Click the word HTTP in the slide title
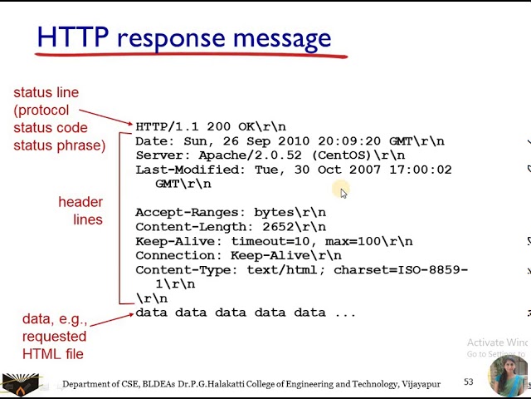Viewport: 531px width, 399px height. click(74, 37)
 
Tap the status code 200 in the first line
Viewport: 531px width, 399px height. click(218, 127)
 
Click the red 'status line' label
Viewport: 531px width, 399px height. click(41, 91)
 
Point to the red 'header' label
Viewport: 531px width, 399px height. click(80, 202)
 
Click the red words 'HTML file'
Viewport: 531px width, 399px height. click(54, 354)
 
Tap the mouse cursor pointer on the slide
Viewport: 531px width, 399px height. click(343, 193)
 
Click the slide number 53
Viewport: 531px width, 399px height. click(469, 382)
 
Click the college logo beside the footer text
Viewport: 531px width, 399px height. click(22, 384)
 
